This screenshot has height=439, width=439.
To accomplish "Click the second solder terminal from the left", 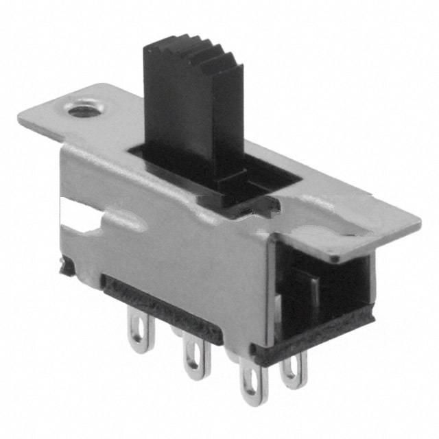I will (x=193, y=357).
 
